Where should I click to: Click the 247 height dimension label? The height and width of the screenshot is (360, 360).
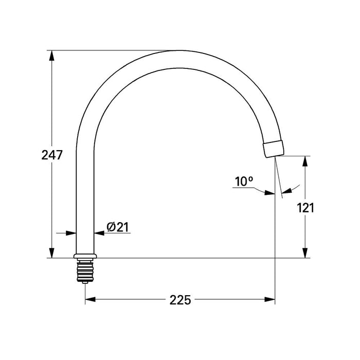[x=52, y=154]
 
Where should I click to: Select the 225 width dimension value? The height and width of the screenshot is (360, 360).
[x=180, y=300]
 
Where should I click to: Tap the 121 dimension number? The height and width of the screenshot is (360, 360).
[x=305, y=208]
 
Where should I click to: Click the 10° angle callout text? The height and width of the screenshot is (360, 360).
[x=244, y=181]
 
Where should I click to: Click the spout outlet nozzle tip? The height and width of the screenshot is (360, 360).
[x=273, y=149]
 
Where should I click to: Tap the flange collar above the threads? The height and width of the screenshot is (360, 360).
[x=85, y=256]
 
